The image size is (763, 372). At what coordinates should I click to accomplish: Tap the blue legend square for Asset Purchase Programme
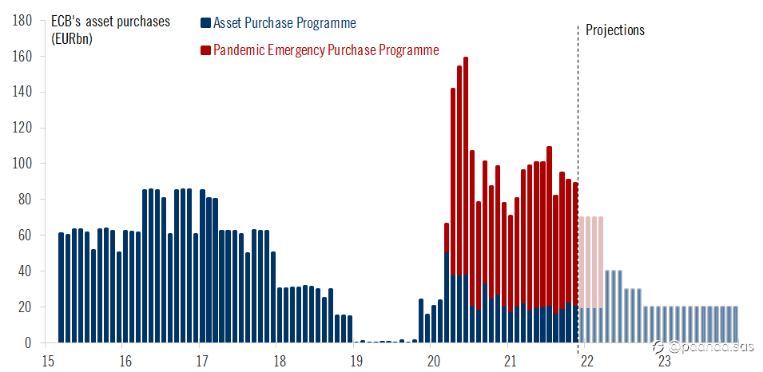(205, 24)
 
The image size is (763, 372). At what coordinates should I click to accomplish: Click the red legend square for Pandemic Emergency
(205, 51)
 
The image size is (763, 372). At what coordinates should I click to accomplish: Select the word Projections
(614, 30)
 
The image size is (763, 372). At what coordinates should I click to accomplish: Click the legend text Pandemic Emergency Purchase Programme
(326, 51)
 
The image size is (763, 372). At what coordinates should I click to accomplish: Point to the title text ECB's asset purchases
(110, 22)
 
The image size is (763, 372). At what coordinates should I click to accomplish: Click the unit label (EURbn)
(72, 38)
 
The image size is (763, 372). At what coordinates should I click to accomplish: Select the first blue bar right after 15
(62, 287)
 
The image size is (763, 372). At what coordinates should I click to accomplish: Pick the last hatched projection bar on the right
(735, 325)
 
